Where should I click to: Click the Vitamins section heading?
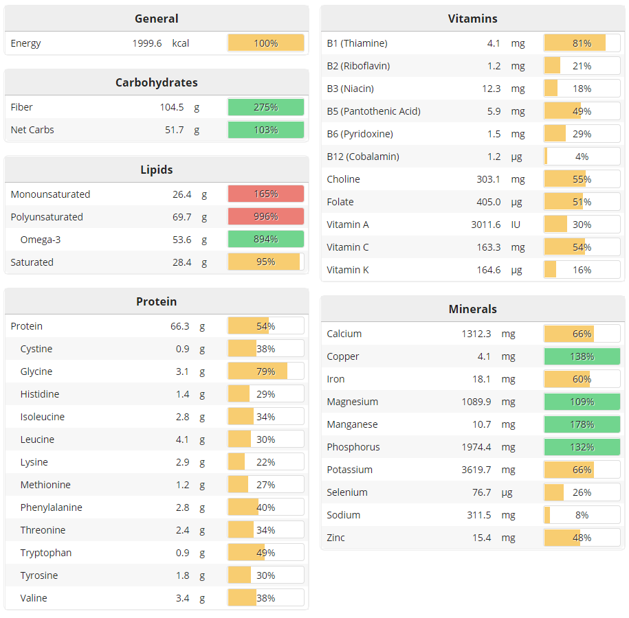click(x=472, y=19)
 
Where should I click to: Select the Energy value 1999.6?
click(x=147, y=43)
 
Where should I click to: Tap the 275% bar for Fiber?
click(x=266, y=107)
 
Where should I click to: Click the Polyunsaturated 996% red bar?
click(x=266, y=217)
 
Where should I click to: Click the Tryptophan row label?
click(x=45, y=553)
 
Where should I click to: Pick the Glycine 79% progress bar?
click(x=266, y=371)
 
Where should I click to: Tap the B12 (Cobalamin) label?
click(x=363, y=157)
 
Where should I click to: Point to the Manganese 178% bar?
click(x=582, y=424)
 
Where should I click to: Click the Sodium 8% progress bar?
click(x=582, y=515)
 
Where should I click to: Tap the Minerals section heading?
click(x=472, y=309)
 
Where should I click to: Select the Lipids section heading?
click(x=157, y=170)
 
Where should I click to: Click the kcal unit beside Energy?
click(x=181, y=43)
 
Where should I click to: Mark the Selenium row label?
click(x=347, y=492)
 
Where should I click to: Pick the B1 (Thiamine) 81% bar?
click(x=582, y=43)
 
